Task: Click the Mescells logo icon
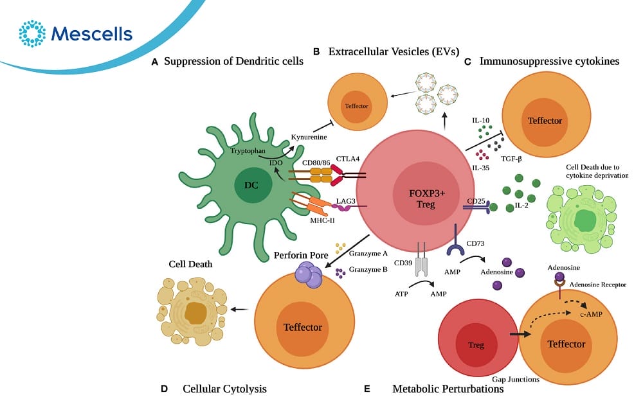33,33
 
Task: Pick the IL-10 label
481,120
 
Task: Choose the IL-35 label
480,168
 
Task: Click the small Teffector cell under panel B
358,105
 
